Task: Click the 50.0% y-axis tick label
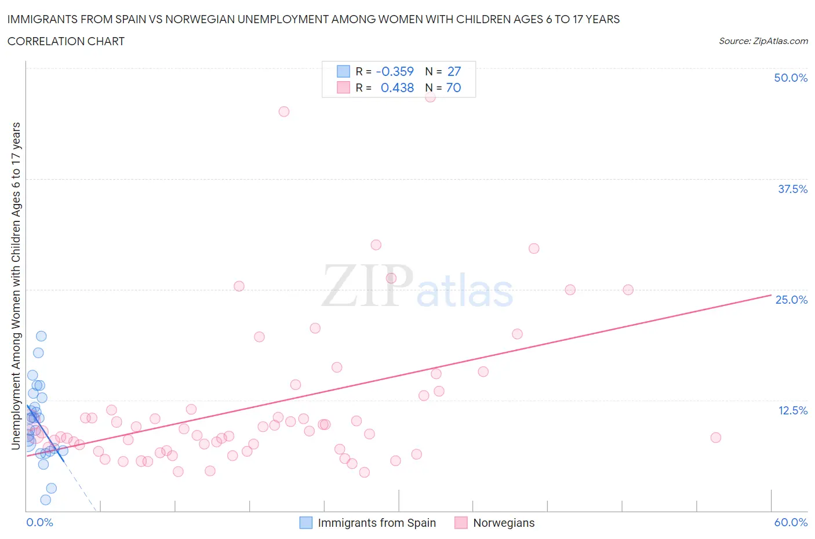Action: click(791, 78)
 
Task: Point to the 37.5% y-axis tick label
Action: click(792, 189)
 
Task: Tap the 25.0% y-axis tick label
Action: click(791, 300)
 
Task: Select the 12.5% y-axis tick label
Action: click(792, 410)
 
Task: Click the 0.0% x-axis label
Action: click(39, 522)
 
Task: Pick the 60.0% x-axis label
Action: click(791, 522)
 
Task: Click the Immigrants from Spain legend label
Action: click(377, 523)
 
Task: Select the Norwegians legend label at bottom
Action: click(504, 523)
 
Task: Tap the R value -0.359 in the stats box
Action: click(395, 71)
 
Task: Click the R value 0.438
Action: click(397, 88)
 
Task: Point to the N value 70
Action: click(453, 88)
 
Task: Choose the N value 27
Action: click(454, 71)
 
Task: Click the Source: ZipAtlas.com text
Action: click(763, 41)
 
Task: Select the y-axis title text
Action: click(16, 286)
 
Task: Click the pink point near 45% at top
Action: click(283, 111)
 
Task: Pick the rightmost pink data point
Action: click(715, 438)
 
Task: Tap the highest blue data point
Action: click(41, 336)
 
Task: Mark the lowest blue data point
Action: click(46, 500)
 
